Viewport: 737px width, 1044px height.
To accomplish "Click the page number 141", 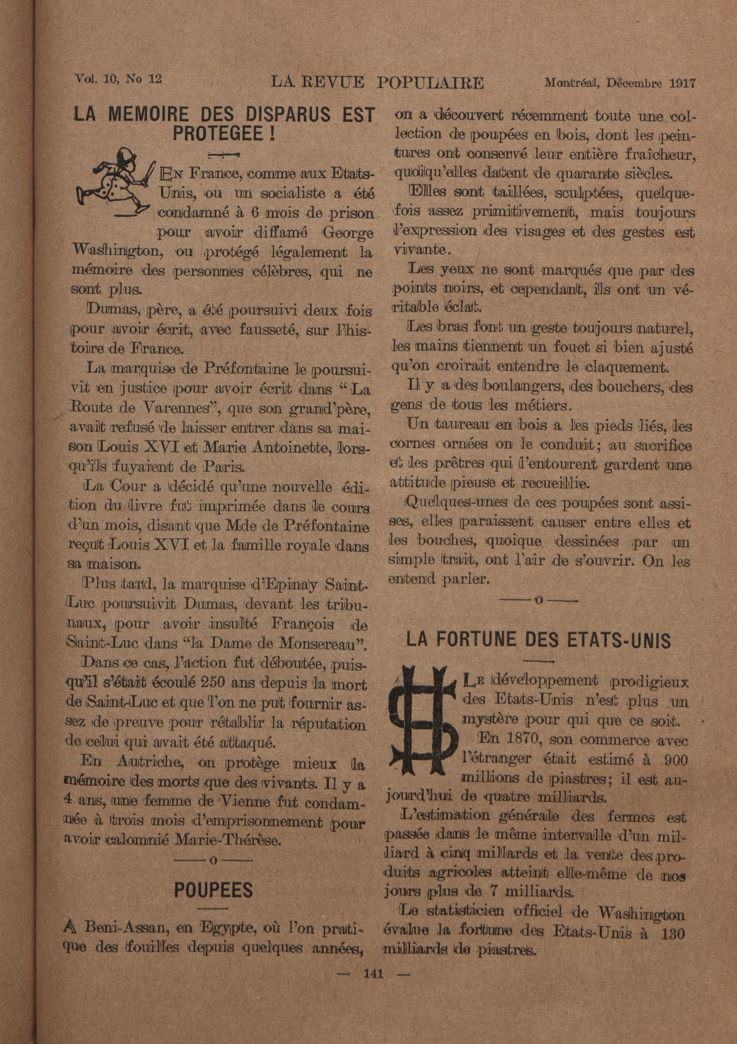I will pyautogui.click(x=373, y=974).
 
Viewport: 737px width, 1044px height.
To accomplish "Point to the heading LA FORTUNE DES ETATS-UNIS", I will pyautogui.click(x=538, y=640).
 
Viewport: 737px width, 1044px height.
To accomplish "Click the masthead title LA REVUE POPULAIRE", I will pyautogui.click(x=377, y=83).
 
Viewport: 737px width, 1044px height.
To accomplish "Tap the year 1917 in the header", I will pyautogui.click(x=683, y=83).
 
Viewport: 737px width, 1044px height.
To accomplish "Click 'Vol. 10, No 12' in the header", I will pyautogui.click(x=119, y=79).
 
